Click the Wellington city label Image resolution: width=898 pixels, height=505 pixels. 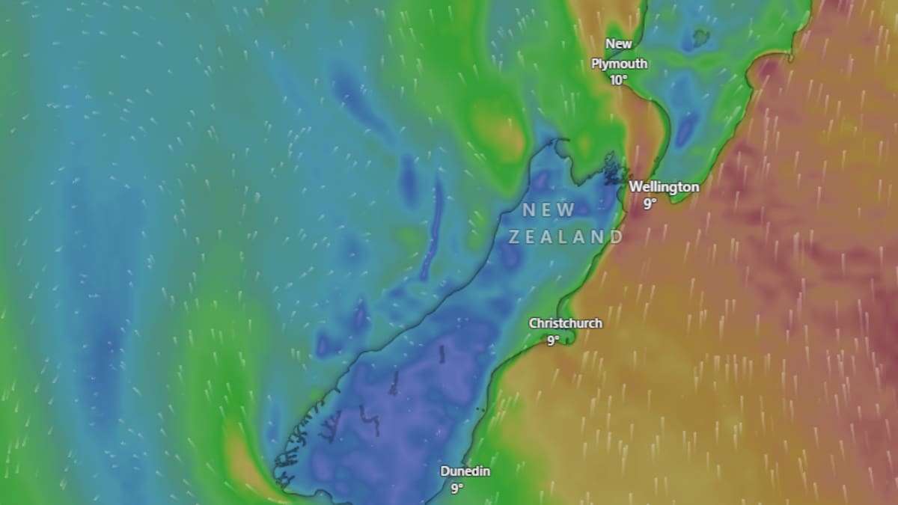click(664, 187)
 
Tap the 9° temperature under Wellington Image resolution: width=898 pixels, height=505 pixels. click(650, 203)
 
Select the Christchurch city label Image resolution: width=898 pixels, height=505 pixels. click(565, 324)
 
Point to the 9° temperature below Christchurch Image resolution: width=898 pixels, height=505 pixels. click(552, 340)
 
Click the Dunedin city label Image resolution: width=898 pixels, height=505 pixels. click(466, 472)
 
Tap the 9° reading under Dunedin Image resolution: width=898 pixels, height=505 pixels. click(456, 489)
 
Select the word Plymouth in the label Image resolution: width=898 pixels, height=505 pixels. click(619, 64)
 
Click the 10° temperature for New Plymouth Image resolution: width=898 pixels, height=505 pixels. click(618, 80)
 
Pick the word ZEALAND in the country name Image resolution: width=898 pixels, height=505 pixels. click(566, 237)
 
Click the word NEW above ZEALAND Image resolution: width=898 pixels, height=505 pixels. click(549, 210)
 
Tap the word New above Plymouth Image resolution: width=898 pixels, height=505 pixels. click(619, 44)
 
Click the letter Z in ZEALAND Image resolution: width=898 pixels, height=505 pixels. click(515, 237)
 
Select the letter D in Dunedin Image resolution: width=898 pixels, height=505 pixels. click(445, 472)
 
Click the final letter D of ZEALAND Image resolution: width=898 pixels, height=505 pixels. click(616, 237)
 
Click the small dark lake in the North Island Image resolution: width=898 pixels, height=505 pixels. click(701, 35)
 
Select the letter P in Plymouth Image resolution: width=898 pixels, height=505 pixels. click(596, 64)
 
